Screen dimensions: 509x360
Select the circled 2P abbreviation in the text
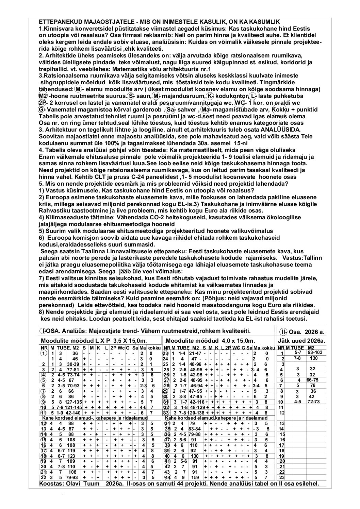tap(42, 103)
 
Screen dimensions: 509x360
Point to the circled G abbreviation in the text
tap(41, 109)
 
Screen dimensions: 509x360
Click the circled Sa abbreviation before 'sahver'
tap(170, 109)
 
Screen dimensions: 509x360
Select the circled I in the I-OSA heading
tap(43, 331)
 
